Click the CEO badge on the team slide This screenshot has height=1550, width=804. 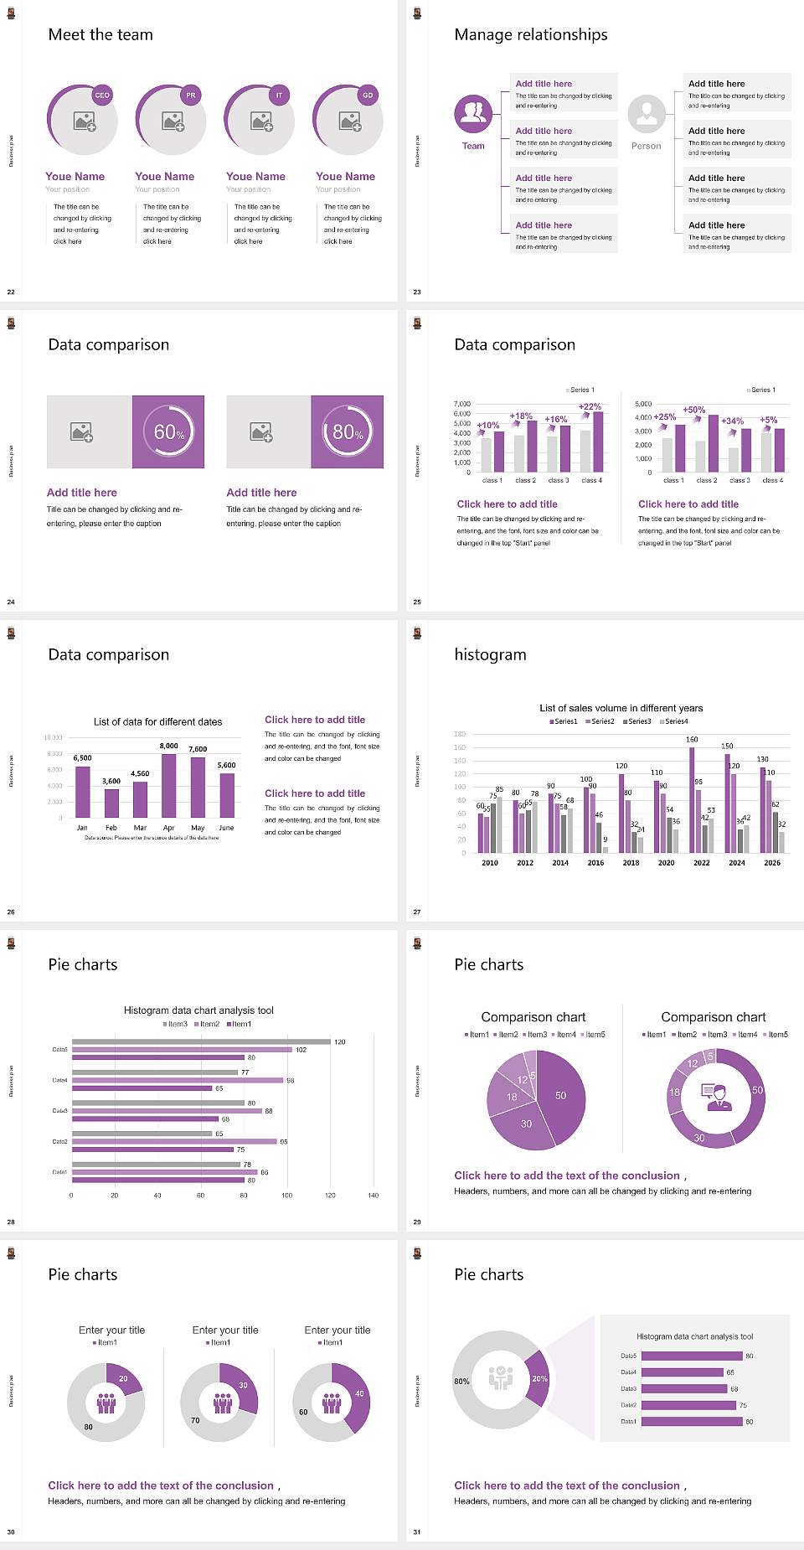tap(102, 96)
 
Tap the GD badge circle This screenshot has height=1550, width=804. tap(368, 96)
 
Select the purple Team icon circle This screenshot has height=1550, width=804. tap(473, 114)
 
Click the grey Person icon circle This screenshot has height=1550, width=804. tap(647, 114)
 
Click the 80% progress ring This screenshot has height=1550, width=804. tap(348, 431)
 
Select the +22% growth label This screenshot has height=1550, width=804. tap(590, 406)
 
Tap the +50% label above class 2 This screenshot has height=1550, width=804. tap(693, 410)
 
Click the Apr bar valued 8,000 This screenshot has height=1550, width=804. tap(169, 786)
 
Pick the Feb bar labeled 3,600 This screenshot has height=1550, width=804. tap(111, 803)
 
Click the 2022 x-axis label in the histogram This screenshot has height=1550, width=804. tap(702, 862)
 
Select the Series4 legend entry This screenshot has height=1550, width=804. tap(674, 721)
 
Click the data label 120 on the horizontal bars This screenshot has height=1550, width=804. tap(339, 1042)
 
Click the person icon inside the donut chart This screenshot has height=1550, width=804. tap(716, 1097)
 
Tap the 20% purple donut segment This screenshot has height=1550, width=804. tap(539, 1378)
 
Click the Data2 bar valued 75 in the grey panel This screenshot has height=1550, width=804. tap(688, 1405)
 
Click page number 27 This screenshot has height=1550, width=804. tap(417, 912)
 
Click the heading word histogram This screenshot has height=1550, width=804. tap(490, 654)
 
